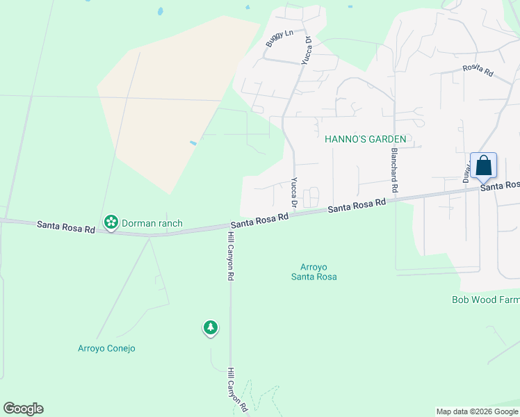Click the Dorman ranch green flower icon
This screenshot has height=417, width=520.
(x=111, y=222)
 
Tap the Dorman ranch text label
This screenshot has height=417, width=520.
(x=152, y=223)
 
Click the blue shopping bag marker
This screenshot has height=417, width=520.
(x=484, y=167)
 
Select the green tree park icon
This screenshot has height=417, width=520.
(x=211, y=327)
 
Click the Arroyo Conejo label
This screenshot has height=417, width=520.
(x=106, y=348)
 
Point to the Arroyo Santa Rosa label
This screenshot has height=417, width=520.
(x=318, y=272)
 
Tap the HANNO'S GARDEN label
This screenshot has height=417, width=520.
(x=366, y=139)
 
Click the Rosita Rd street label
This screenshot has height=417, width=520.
(x=478, y=71)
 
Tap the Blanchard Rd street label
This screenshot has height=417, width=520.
(x=394, y=170)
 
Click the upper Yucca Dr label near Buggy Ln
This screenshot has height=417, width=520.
(x=306, y=52)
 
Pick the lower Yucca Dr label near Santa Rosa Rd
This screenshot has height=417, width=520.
(x=294, y=193)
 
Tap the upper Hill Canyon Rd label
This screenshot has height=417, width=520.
(x=229, y=256)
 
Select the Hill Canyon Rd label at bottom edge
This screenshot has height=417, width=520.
(x=237, y=391)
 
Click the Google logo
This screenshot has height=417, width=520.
(x=23, y=409)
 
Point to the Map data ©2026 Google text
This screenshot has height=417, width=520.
(x=476, y=411)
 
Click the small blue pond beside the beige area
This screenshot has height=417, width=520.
(x=193, y=143)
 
